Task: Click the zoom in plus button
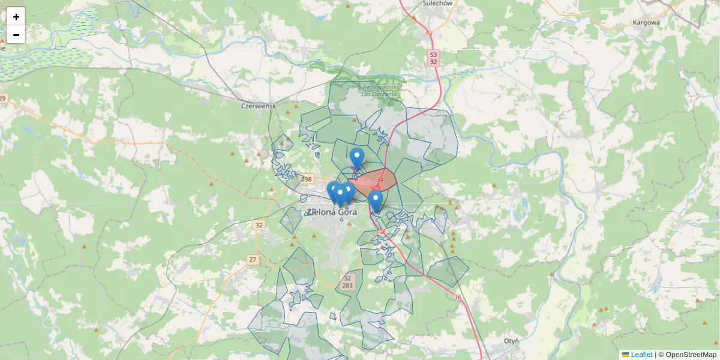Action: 16,17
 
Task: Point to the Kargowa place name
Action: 646,23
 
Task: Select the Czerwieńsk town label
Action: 257,106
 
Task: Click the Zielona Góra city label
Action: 332,212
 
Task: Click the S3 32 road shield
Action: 433,58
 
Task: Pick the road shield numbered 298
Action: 307,179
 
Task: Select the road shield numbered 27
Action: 253,260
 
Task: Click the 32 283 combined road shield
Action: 347,282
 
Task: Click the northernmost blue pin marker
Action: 356,157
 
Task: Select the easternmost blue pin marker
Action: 376,200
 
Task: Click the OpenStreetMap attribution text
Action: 691,355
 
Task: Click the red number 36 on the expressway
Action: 458,297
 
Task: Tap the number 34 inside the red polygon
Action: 380,179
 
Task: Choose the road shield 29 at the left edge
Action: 3,98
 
